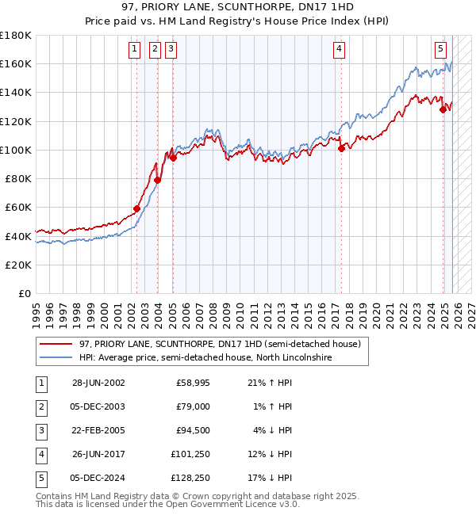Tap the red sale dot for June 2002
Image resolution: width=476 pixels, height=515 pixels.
[136, 208]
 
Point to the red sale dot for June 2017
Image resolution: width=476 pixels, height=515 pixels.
[341, 147]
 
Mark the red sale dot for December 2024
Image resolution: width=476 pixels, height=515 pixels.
[443, 109]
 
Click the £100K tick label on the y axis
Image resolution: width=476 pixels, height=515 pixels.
[16, 150]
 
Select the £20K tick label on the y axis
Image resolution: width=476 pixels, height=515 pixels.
[19, 265]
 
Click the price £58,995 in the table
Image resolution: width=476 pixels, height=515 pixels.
[193, 383]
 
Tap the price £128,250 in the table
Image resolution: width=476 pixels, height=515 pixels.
[190, 478]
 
